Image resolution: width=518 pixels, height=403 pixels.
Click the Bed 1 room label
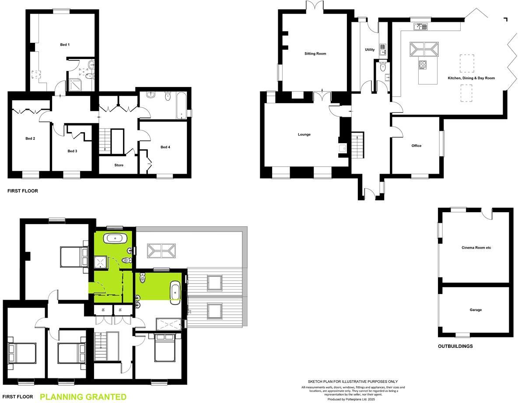(65, 45)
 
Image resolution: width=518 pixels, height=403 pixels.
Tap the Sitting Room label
(315, 54)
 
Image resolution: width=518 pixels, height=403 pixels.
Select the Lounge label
(304, 134)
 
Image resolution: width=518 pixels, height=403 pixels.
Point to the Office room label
(416, 146)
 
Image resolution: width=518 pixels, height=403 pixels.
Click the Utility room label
(370, 50)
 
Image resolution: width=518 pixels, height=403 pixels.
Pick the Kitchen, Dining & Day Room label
(471, 78)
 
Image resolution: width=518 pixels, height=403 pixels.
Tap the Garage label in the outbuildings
(476, 310)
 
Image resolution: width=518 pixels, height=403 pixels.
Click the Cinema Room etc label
(476, 248)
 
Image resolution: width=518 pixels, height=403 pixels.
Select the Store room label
(119, 165)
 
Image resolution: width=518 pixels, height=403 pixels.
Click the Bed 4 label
(165, 147)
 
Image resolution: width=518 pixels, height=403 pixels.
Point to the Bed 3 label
(72, 151)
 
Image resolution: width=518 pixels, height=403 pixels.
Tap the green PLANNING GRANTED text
(83, 397)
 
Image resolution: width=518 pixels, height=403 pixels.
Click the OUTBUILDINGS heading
(455, 346)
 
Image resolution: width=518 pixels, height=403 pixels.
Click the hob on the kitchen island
(423, 65)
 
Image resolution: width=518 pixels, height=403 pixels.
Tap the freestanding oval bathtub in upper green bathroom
(115, 238)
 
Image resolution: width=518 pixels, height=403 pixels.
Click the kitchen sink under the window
(421, 27)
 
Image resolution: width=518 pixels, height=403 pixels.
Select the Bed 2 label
(30, 139)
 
